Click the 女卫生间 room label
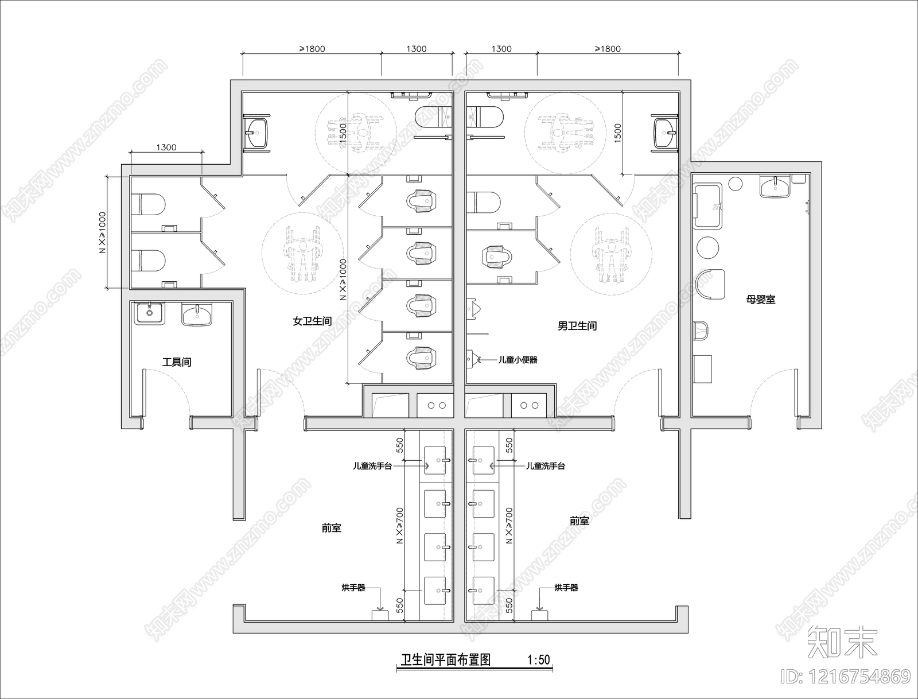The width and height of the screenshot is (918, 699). click(x=312, y=321)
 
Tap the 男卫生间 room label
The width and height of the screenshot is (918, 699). click(x=577, y=326)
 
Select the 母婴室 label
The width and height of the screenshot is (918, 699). click(x=761, y=300)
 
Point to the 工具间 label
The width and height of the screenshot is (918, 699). click(x=177, y=362)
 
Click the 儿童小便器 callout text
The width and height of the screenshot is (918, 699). click(x=518, y=360)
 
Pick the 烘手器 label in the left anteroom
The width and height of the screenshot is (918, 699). click(x=353, y=588)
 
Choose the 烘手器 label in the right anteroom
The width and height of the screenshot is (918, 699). click(x=566, y=588)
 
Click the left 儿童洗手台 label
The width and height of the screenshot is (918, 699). click(x=372, y=466)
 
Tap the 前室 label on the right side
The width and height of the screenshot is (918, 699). click(x=579, y=521)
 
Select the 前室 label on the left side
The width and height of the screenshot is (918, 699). click(x=332, y=528)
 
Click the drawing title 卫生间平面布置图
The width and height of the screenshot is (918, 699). click(x=445, y=660)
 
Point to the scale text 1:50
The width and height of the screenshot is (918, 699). click(x=539, y=660)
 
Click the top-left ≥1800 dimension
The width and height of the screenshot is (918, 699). click(x=312, y=49)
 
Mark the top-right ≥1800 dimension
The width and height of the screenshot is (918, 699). click(x=608, y=49)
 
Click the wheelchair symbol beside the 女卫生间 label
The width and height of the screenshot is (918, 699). click(x=302, y=253)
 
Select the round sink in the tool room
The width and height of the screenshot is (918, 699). click(x=149, y=313)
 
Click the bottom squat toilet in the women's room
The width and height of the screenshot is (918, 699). click(x=422, y=358)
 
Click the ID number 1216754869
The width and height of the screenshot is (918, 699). click(x=846, y=677)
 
